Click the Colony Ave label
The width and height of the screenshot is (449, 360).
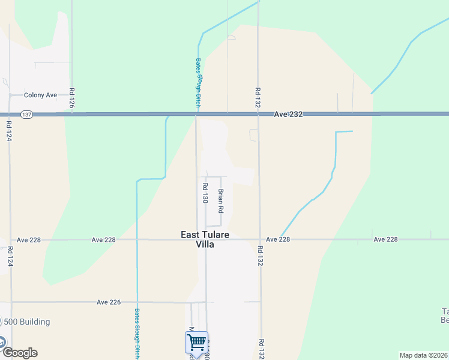point(40,95)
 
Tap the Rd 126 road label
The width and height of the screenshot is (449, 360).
point(71,98)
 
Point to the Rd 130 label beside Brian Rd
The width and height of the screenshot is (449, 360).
point(205,193)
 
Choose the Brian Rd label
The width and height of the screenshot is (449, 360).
point(221,202)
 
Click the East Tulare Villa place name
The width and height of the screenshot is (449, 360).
point(205,239)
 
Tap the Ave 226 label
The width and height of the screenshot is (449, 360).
point(109,302)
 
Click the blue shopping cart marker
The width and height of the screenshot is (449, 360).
point(196,343)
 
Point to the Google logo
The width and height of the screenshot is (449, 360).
point(19,353)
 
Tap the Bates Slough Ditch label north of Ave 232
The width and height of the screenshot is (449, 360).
point(197,83)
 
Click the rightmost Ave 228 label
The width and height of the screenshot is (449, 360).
point(385,239)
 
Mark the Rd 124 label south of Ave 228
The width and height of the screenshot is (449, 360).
point(10,256)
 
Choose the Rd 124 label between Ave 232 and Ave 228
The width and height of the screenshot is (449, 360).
point(10,130)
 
